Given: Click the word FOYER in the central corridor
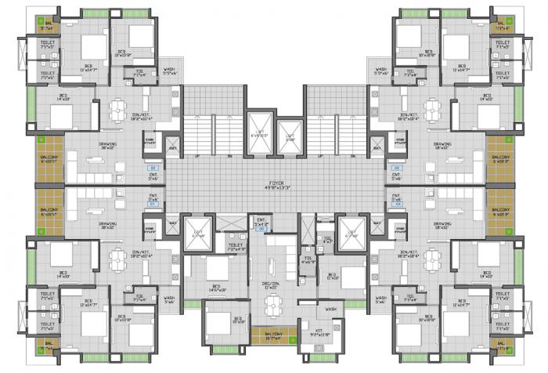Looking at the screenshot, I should point(274,182).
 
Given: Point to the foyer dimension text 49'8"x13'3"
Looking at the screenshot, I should point(274,188).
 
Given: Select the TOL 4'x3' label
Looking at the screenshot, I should point(328,240).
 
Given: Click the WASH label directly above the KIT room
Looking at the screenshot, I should point(331,310).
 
